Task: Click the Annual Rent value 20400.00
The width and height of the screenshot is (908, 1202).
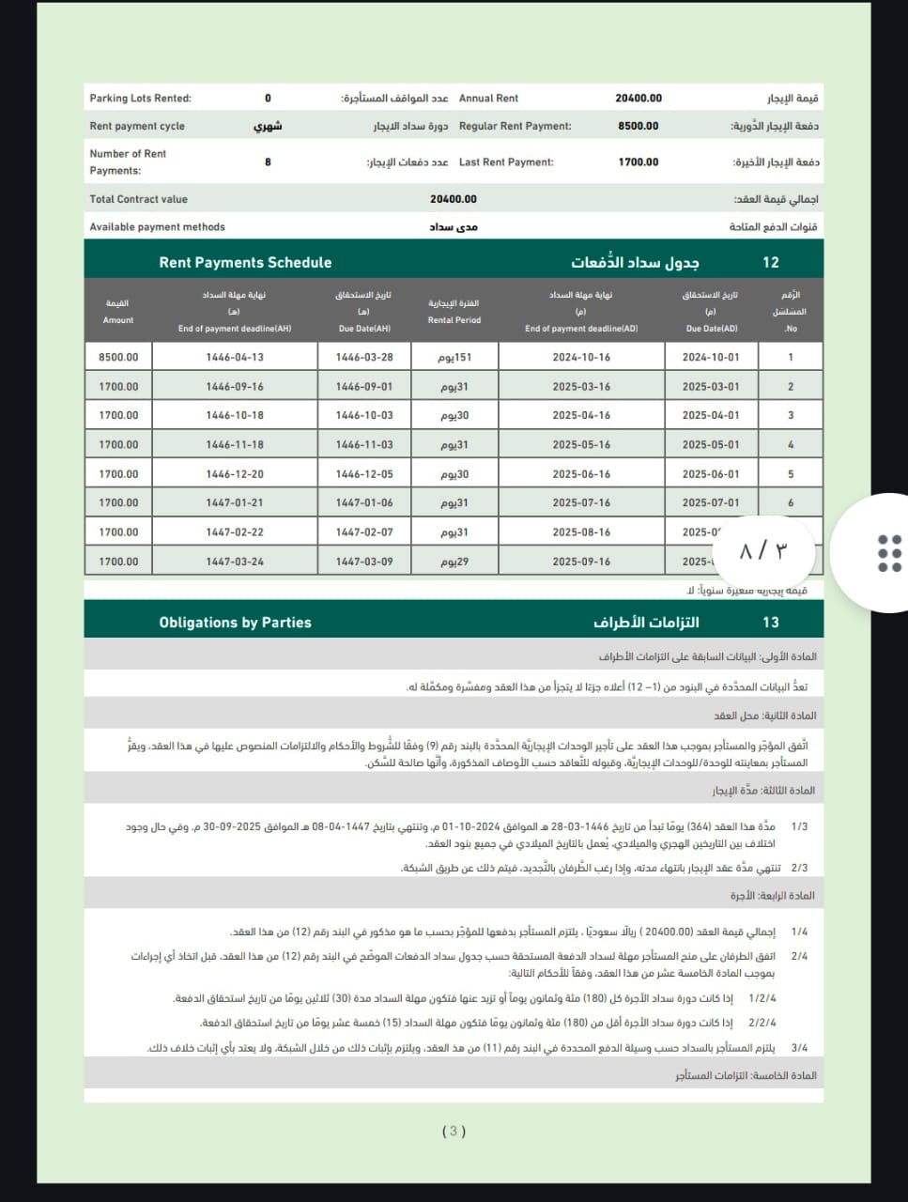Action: point(639,98)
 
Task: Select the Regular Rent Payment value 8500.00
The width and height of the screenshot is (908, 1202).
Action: point(639,126)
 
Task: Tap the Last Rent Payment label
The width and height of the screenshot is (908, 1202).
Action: point(506,162)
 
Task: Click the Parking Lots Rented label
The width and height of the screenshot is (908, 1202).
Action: point(140,99)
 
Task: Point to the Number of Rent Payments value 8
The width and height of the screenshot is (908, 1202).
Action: point(268,162)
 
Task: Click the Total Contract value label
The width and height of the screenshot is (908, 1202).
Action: point(139,199)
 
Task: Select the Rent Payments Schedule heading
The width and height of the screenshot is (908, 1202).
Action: point(245,263)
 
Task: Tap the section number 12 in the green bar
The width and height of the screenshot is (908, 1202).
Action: point(771,263)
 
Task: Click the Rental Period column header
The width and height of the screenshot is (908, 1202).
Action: point(454,312)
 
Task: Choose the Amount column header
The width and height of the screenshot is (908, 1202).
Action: point(118,312)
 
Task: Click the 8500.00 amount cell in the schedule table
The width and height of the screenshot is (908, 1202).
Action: point(118,357)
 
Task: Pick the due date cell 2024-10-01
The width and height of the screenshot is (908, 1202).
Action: point(711,357)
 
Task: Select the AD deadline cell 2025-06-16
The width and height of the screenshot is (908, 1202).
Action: point(581,474)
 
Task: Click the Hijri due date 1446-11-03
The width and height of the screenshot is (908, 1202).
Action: point(364,445)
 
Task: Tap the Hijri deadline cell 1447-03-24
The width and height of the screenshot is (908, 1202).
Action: point(235,562)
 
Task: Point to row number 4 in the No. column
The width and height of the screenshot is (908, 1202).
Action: point(791,445)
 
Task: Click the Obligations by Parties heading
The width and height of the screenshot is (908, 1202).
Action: point(235,623)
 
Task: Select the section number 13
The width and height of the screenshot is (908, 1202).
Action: point(771,623)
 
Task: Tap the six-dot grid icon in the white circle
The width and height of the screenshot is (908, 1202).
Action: point(888,553)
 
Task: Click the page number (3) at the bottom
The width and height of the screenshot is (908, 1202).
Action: point(454,1132)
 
